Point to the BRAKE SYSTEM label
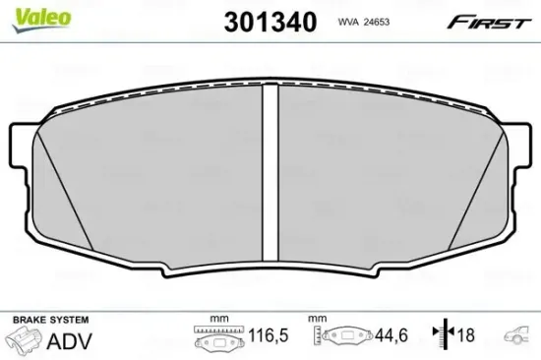click(48, 321)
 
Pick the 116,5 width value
click(267, 336)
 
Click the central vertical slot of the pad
click(272, 167)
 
